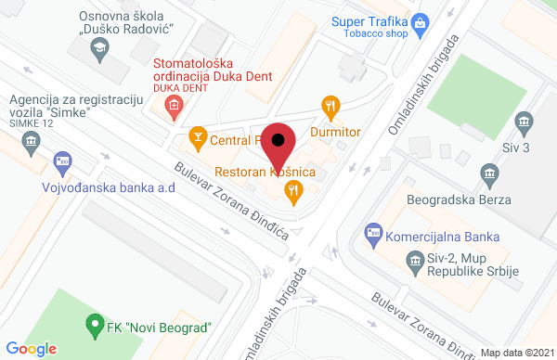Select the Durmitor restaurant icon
pos(327,105)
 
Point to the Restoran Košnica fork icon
pos(293,192)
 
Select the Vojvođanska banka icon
pos(62,161)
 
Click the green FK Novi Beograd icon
pos(92,326)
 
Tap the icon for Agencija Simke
pos(31,142)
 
